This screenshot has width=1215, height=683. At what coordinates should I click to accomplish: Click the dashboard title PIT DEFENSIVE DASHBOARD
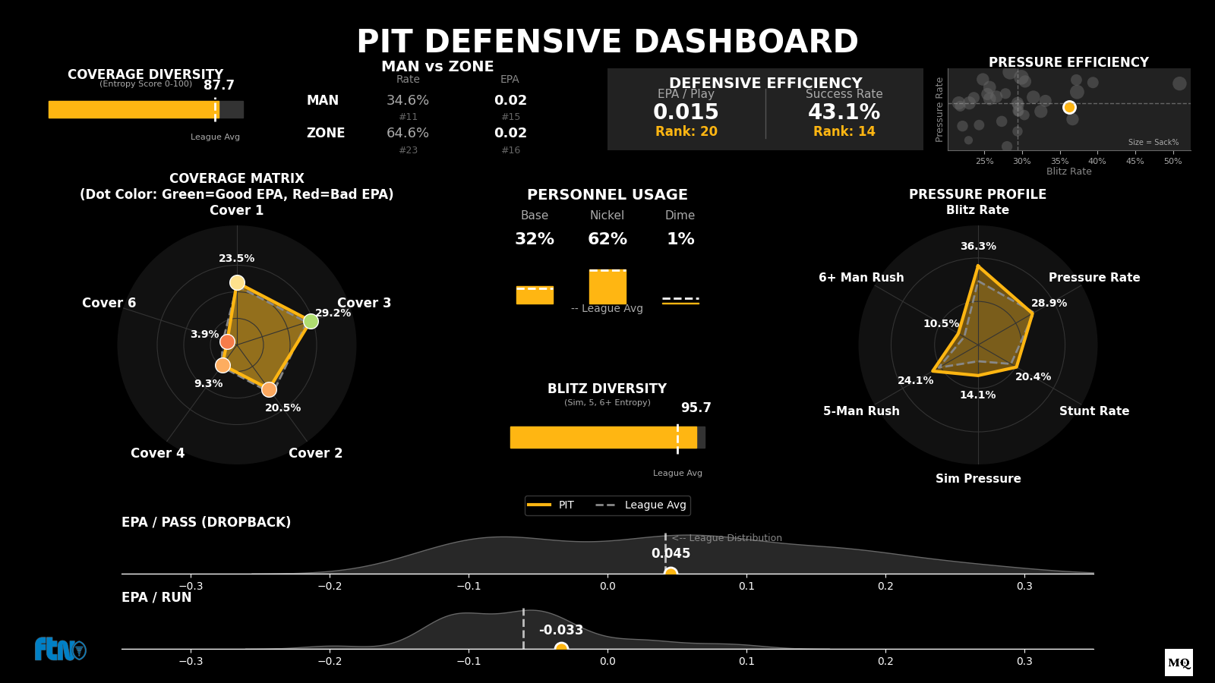tap(607, 42)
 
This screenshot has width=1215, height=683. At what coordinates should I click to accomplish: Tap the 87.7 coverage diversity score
tap(219, 86)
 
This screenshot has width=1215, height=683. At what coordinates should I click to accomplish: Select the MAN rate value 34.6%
tap(408, 100)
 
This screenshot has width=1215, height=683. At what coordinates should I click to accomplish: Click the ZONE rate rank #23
tap(408, 150)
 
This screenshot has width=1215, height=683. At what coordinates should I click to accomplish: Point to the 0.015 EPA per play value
tap(686, 112)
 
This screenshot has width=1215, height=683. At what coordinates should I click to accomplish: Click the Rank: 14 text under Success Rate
tap(844, 131)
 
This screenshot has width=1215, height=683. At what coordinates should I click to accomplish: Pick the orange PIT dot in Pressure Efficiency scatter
tap(1069, 107)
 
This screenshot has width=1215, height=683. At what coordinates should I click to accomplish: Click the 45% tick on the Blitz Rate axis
tap(1135, 161)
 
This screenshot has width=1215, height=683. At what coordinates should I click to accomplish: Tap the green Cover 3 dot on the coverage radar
tap(311, 321)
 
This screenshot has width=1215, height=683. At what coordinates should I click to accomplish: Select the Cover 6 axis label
tap(109, 303)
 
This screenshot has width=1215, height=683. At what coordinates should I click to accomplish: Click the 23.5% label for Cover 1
tap(237, 258)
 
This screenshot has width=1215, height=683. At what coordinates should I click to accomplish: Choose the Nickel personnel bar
tap(607, 287)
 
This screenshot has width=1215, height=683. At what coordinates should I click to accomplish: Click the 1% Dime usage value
tap(680, 239)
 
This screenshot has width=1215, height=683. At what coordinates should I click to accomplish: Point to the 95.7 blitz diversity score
tap(696, 408)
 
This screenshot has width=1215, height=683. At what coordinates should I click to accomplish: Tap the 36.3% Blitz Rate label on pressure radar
tap(978, 246)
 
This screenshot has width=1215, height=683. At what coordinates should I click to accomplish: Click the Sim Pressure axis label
tap(978, 478)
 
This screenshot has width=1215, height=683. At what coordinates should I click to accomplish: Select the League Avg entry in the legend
tap(655, 505)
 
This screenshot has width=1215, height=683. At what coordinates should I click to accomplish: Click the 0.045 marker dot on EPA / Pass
tap(671, 573)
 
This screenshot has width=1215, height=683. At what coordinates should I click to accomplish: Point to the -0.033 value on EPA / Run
tap(561, 630)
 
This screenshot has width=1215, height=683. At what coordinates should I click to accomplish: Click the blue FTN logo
tap(59, 650)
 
